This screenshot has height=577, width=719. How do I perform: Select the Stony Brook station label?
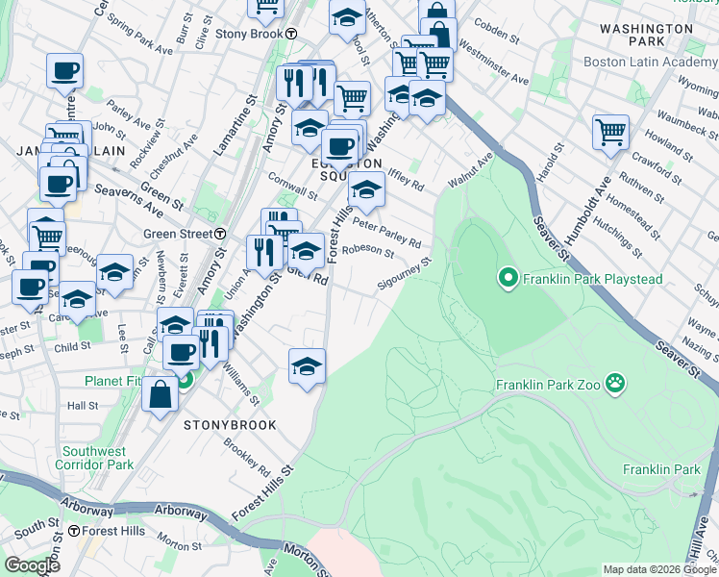click(255, 34)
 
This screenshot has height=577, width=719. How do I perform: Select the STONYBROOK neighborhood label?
click(230, 425)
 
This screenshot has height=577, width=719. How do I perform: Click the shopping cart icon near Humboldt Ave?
click(610, 134)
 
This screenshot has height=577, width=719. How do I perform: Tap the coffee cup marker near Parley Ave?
click(65, 70)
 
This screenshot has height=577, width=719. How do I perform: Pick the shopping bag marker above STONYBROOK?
click(161, 394)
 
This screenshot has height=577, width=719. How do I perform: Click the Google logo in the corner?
click(33, 565)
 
